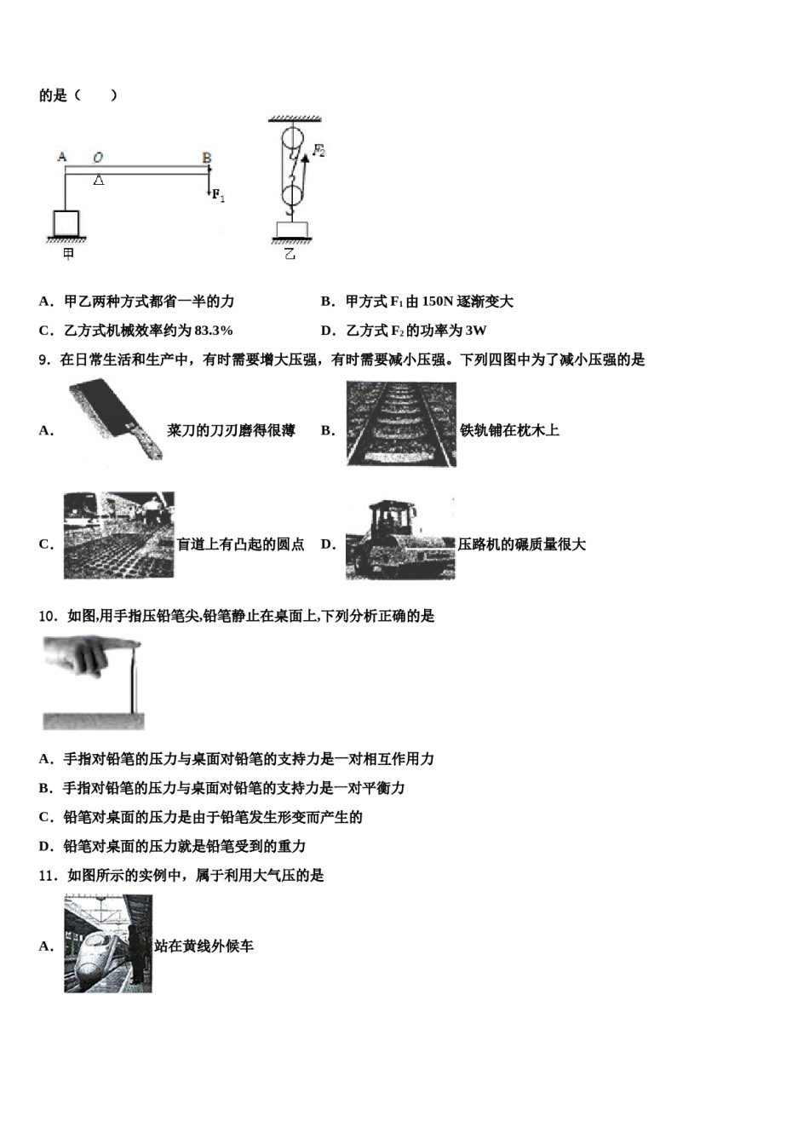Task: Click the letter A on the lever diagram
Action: (62, 157)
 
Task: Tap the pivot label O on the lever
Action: (98, 157)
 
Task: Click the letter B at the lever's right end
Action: (207, 157)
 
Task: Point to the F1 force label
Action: (218, 196)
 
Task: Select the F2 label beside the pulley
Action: (318, 151)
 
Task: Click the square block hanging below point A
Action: (66, 223)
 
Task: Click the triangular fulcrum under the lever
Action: (99, 180)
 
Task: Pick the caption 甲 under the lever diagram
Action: (67, 253)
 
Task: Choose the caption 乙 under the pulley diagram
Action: (290, 253)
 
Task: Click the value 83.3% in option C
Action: (213, 331)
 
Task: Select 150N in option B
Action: (437, 302)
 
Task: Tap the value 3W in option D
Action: (477, 331)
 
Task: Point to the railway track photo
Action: (401, 423)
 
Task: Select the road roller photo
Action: (400, 538)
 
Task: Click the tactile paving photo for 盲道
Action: (118, 536)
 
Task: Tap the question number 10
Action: (48, 616)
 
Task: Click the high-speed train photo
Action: (107, 943)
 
